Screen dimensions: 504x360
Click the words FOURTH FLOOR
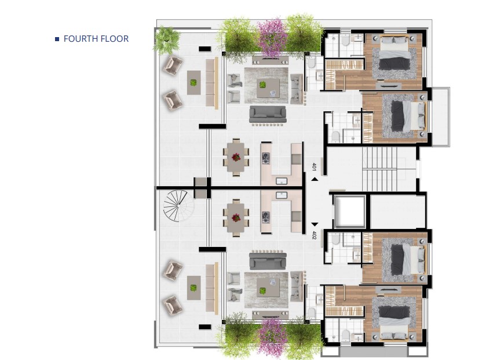tap(96, 39)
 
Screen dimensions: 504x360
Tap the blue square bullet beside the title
tap(57, 39)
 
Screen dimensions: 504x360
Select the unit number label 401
tap(314, 166)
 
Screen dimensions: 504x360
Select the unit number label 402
tap(314, 235)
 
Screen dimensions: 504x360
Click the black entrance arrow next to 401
tap(315, 179)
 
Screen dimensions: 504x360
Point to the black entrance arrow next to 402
tap(315, 224)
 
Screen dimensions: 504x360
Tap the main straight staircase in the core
tap(379, 169)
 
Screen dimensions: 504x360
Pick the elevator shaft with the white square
tap(350, 210)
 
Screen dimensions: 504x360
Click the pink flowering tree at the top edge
tap(273, 37)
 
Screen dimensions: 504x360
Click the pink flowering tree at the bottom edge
tap(273, 336)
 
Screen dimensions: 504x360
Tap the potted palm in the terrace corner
tap(166, 40)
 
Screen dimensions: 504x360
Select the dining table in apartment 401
tap(236, 157)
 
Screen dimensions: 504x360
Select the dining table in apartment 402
tap(236, 218)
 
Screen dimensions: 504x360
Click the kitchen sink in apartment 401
tap(282, 181)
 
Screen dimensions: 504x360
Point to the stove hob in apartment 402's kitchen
tap(265, 217)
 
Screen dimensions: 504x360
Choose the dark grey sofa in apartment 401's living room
tap(268, 114)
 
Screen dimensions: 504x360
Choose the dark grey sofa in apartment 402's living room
tap(268, 261)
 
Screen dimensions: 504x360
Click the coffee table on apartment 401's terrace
tap(194, 83)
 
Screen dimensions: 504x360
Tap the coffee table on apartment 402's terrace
tap(194, 288)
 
